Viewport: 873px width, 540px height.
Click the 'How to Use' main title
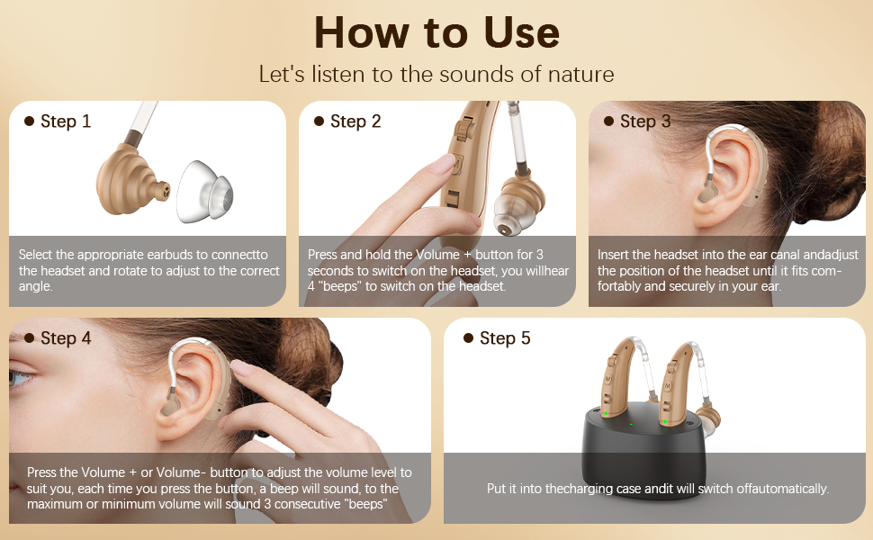pyautogui.click(x=436, y=32)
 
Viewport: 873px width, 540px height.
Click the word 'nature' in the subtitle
pyautogui.click(x=580, y=74)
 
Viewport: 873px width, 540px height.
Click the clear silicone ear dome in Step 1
pyautogui.click(x=204, y=192)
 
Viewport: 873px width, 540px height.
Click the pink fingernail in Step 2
pyautogui.click(x=442, y=165)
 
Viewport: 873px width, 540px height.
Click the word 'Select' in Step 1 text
pyautogui.click(x=36, y=255)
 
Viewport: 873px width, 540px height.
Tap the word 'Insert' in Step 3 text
pyautogui.click(x=613, y=255)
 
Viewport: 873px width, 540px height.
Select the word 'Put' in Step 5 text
pyautogui.click(x=497, y=489)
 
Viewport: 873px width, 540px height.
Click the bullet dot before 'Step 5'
pyautogui.click(x=468, y=337)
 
